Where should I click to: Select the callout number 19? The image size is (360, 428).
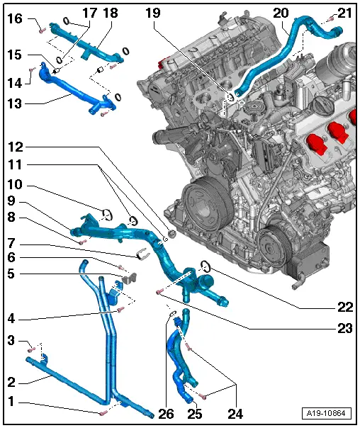154,12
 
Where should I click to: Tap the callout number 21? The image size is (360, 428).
344,12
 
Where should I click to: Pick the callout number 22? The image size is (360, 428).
346,308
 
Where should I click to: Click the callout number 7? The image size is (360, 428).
11,242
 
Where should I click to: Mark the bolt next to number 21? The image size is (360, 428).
330,19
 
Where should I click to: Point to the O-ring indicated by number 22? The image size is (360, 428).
205,266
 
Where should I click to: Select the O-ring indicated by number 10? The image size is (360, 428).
104,211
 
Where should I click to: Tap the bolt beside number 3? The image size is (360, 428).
32,349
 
